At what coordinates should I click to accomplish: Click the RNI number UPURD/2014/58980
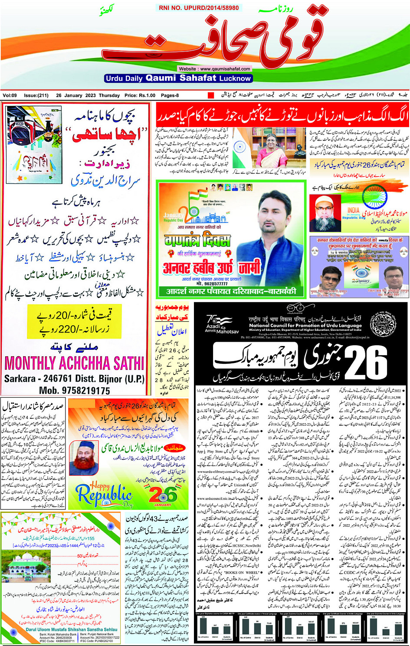click(199, 8)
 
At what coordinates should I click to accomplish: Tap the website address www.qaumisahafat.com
click(214, 69)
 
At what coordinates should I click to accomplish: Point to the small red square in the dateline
click(211, 95)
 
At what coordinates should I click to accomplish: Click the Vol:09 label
click(10, 95)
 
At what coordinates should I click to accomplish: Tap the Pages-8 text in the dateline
click(170, 95)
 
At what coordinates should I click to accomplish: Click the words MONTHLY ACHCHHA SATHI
click(74, 363)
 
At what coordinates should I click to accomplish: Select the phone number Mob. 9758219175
click(75, 391)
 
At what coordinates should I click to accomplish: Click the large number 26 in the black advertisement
click(367, 362)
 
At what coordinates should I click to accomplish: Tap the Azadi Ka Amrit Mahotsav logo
click(221, 324)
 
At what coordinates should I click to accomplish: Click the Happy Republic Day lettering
click(104, 494)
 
